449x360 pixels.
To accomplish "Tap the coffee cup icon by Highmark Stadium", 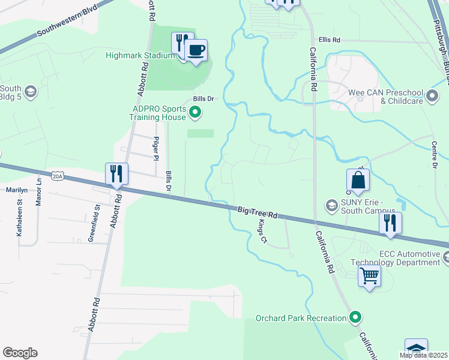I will (x=196, y=50).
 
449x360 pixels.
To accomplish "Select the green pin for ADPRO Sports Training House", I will (x=195, y=111).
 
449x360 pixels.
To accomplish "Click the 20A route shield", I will (x=58, y=176).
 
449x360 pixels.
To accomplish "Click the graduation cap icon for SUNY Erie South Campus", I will (x=331, y=206).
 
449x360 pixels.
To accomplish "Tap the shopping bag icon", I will (x=358, y=180).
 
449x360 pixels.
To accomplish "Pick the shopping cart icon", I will (x=369, y=277).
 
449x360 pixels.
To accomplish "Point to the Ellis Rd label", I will (x=330, y=40).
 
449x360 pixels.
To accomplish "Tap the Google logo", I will (x=20, y=353).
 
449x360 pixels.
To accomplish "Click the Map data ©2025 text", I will (x=423, y=355).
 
